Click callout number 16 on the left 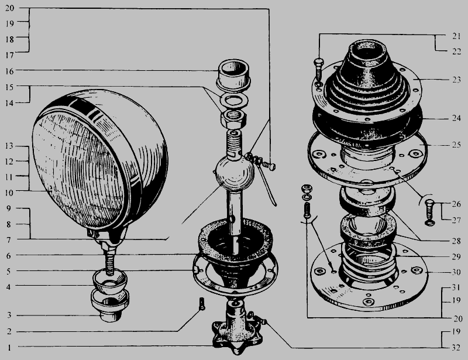(x=9, y=71)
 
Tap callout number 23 (x=456, y=80)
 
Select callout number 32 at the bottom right (x=456, y=348)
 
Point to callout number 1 (x=9, y=348)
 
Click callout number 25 (x=456, y=145)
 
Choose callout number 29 (x=456, y=256)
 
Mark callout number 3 (x=9, y=315)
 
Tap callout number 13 (x=9, y=146)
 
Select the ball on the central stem (x=235, y=174)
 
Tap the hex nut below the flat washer (x=233, y=118)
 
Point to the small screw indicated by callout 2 (x=202, y=304)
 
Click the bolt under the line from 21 (x=318, y=71)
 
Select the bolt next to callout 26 (x=429, y=212)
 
